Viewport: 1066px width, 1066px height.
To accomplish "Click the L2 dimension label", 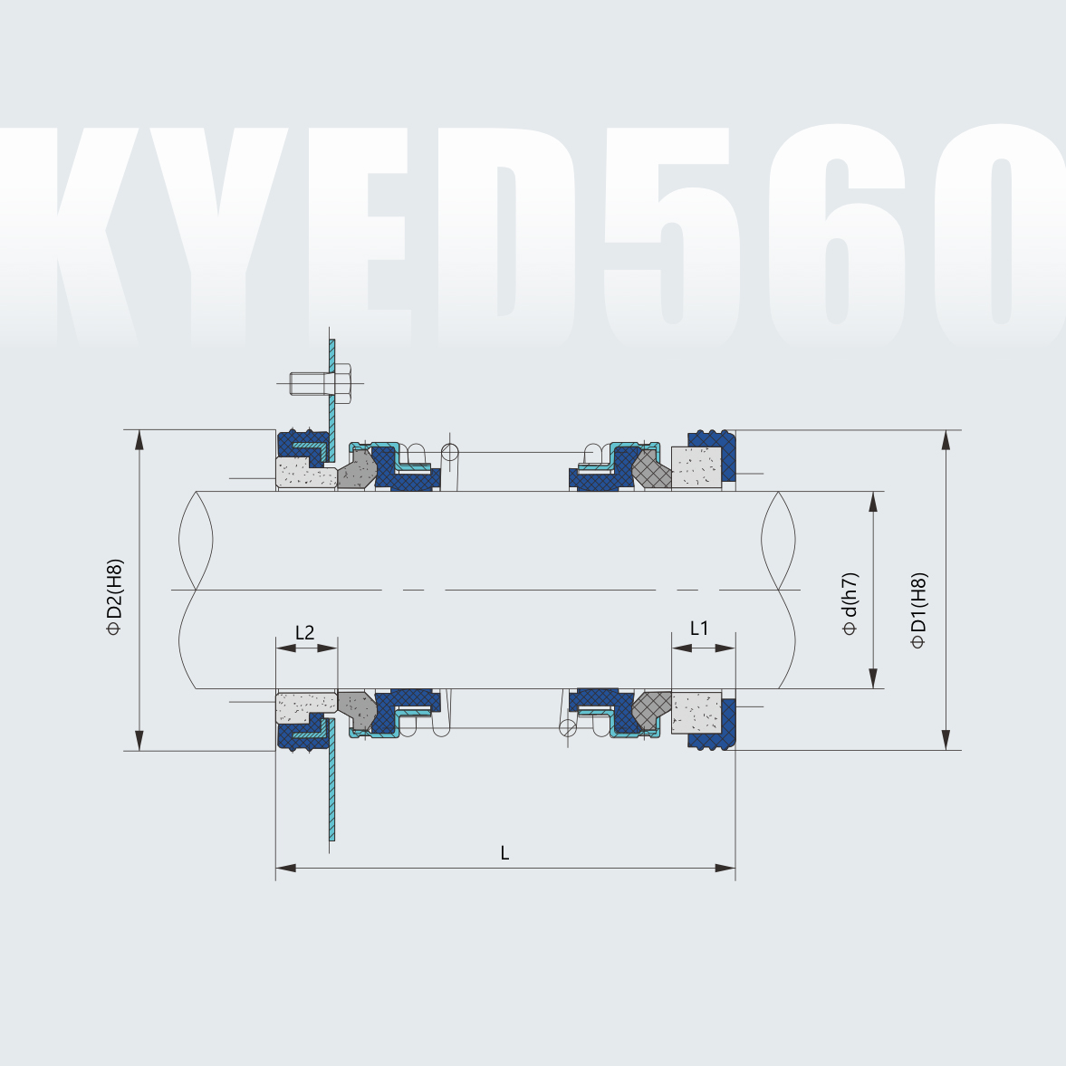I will (x=305, y=632).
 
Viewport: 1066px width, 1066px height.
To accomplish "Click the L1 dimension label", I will (x=699, y=628).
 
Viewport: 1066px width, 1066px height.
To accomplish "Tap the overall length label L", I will (x=504, y=852).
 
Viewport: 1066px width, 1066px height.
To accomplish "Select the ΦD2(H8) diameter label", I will (x=114, y=598).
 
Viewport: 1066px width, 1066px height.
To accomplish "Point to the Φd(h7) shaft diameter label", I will (x=850, y=604).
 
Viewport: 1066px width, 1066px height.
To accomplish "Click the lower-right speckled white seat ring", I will (x=696, y=712).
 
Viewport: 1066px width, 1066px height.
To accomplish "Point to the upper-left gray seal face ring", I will (x=357, y=470).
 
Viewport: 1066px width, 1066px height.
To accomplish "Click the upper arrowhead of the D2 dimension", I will (x=139, y=439).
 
